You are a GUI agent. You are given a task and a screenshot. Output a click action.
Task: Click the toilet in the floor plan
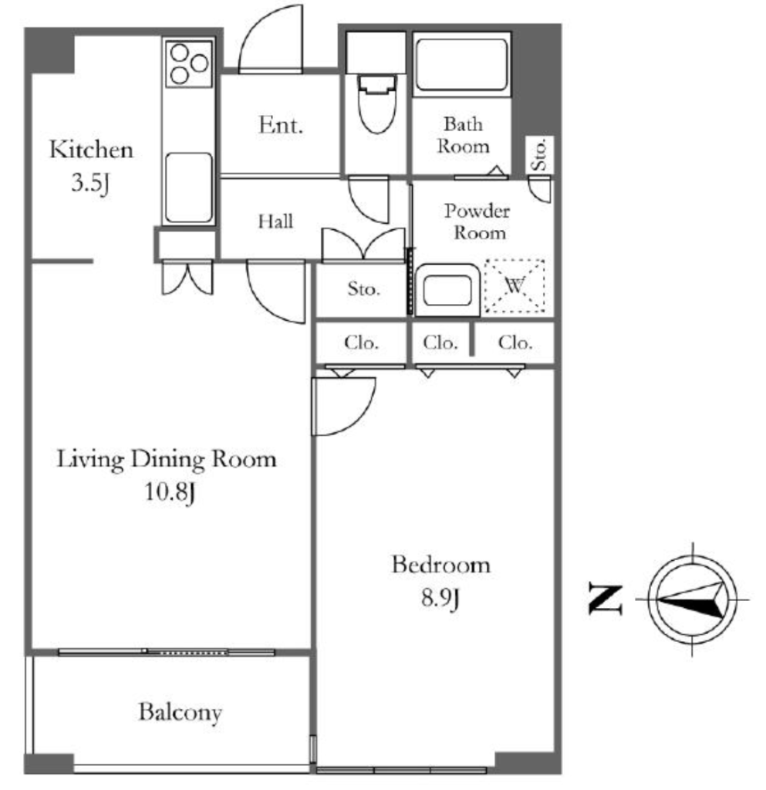click(376, 103)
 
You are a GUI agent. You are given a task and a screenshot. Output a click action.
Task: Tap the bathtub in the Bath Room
click(461, 65)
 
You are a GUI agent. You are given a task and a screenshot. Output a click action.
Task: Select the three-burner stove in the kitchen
click(189, 65)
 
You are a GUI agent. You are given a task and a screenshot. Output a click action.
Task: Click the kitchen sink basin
click(188, 187)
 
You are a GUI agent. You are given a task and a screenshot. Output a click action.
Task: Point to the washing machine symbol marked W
click(515, 285)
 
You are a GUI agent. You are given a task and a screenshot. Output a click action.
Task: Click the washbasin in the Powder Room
click(447, 290)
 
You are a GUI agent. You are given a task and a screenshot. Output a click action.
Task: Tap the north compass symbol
click(692, 599)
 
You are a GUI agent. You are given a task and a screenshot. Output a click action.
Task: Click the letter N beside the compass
click(605, 599)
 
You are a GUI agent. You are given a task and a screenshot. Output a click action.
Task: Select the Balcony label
click(180, 712)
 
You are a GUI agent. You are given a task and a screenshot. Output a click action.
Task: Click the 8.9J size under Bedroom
click(440, 598)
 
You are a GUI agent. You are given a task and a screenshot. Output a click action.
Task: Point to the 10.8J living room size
click(170, 491)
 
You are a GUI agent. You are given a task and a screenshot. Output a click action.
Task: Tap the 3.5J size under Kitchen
click(90, 182)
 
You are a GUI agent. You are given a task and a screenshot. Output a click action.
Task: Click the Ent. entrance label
click(281, 124)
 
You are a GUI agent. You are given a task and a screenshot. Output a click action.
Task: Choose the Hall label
click(275, 221)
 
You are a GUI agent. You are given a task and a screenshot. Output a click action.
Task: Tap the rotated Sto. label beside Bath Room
click(539, 154)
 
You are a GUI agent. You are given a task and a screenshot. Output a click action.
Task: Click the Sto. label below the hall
click(363, 289)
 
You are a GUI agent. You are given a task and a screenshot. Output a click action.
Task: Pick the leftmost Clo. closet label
click(361, 343)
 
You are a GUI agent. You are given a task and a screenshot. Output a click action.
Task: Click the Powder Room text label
click(477, 221)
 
